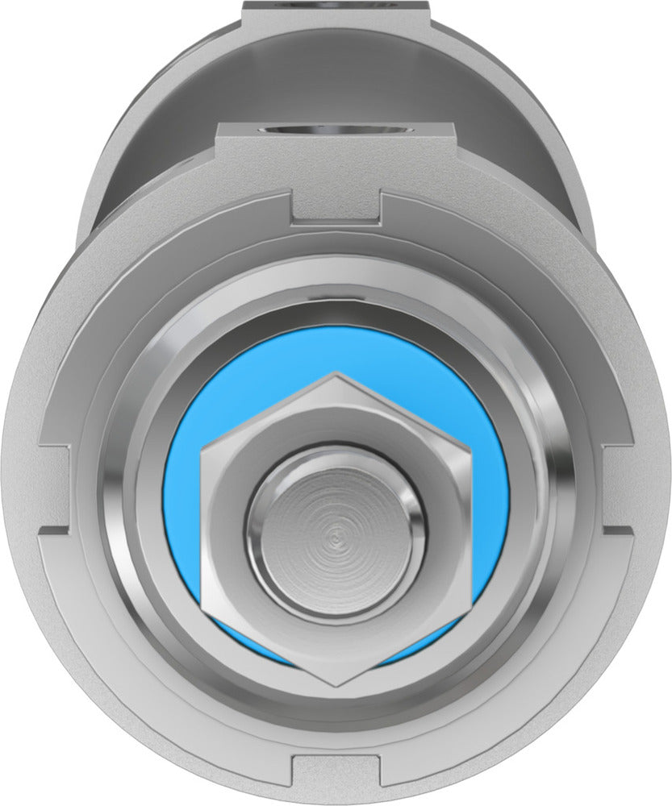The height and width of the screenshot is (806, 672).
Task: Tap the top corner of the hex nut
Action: pyautogui.click(x=334, y=374)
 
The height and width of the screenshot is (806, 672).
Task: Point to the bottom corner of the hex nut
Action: pyautogui.click(x=336, y=686)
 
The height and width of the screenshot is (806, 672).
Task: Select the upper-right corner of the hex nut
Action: pyautogui.click(x=470, y=451)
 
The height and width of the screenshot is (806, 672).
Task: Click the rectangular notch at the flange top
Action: pyautogui.click(x=336, y=206)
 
